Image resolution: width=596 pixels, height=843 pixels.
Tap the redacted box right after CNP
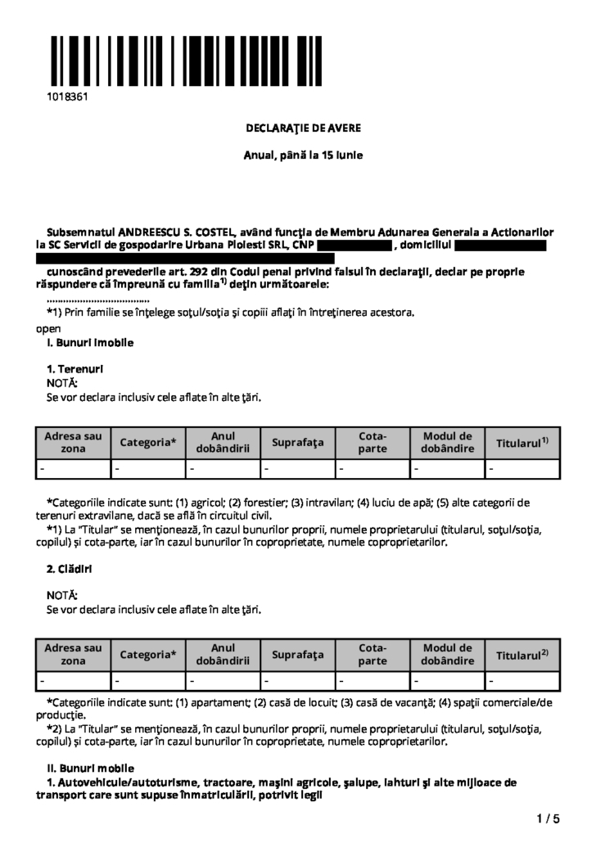tap(354, 245)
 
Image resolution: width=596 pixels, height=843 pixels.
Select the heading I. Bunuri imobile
tap(90, 342)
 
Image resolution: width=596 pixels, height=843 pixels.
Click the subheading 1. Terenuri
tap(75, 368)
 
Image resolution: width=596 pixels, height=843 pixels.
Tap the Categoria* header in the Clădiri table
tap(148, 655)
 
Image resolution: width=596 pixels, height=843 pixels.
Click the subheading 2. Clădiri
tap(70, 567)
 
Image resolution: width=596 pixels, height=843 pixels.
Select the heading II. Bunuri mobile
tap(90, 768)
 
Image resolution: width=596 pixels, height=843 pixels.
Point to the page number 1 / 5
tap(548, 818)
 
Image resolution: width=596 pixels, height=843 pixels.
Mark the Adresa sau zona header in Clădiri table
tap(74, 654)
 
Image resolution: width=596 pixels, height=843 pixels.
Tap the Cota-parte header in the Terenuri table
tap(373, 443)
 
